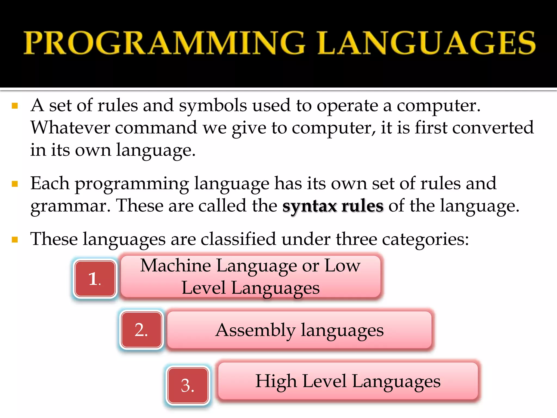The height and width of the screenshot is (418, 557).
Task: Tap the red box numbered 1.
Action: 95,279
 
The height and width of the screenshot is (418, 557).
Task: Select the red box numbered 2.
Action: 141,330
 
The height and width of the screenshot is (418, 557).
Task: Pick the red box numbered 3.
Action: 188,385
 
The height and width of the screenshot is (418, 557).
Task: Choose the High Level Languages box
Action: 348,381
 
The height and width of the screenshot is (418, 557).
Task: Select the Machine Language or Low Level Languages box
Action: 250,276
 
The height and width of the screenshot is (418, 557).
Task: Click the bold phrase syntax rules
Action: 333,206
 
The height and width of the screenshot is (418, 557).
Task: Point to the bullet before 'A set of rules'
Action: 15,106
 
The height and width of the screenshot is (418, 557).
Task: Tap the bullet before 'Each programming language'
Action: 15,184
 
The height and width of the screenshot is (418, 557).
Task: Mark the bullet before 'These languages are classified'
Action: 15,240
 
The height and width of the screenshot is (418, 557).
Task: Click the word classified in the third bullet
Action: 238,239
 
